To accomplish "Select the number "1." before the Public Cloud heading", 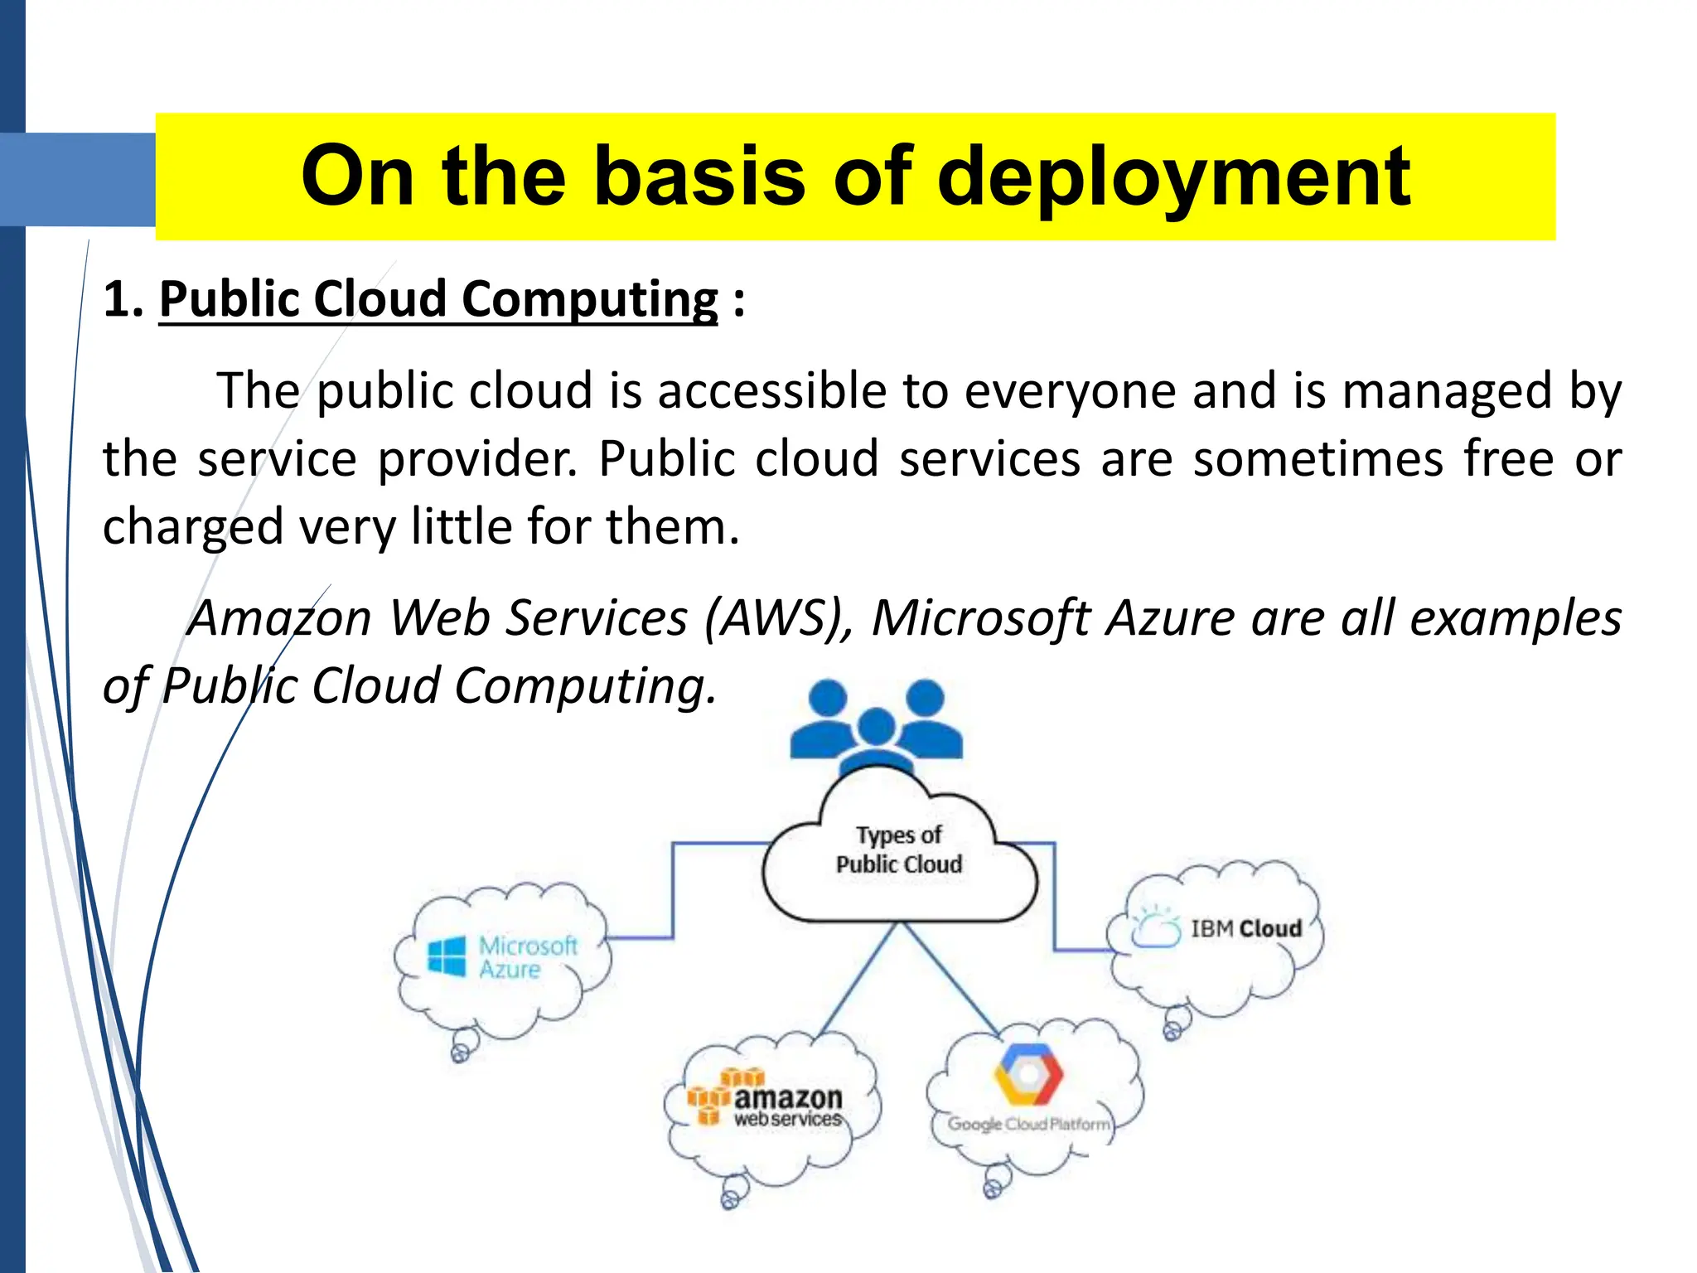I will pos(123,299).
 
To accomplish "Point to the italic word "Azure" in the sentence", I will pos(1171,618).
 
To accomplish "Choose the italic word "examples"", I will pos(1516,618).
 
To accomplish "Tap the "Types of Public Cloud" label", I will pos(899,849).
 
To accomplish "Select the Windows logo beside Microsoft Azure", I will pos(447,956).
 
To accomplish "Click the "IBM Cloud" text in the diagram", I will pos(1245,929).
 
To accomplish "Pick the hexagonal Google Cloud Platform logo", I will pos(1028,1074).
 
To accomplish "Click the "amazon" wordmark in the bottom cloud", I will pos(787,1098).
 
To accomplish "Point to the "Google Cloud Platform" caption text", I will pos(1028,1125).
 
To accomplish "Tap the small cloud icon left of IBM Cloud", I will pos(1157,928).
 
